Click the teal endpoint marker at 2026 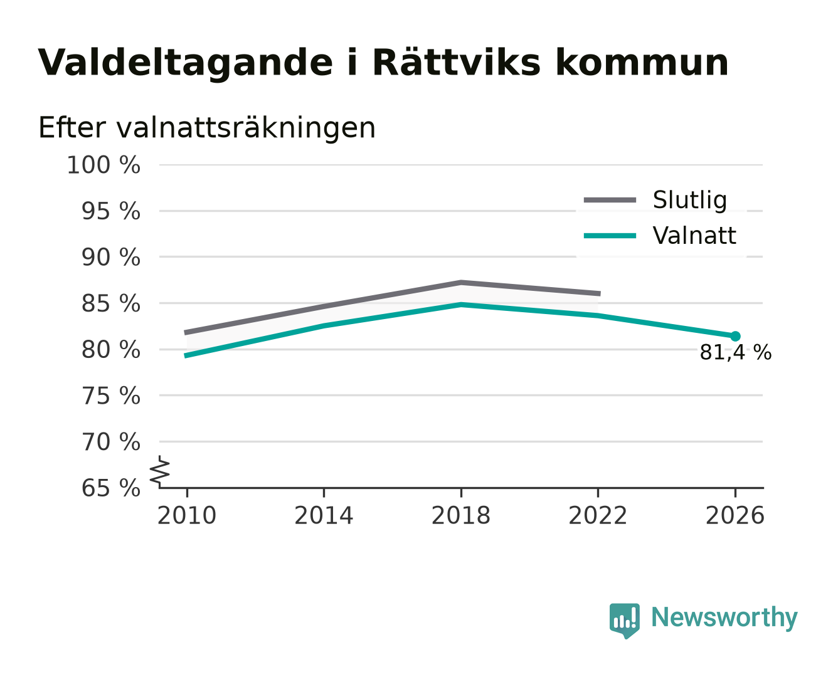(x=735, y=336)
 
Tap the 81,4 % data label (x=735, y=352)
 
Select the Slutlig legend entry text (x=689, y=201)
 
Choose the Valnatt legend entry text (x=694, y=236)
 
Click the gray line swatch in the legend (x=610, y=201)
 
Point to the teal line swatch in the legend (x=610, y=236)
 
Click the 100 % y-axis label (x=103, y=165)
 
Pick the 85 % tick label (x=110, y=304)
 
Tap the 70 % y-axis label (x=110, y=443)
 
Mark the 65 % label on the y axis (x=110, y=488)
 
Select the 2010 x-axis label (x=187, y=515)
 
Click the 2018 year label (x=460, y=515)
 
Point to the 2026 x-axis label (x=735, y=515)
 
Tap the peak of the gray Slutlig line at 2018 (x=460, y=282)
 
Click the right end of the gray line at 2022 (x=599, y=293)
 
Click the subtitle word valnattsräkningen (x=246, y=128)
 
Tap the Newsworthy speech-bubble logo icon (x=624, y=621)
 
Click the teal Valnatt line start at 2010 (x=186, y=355)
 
